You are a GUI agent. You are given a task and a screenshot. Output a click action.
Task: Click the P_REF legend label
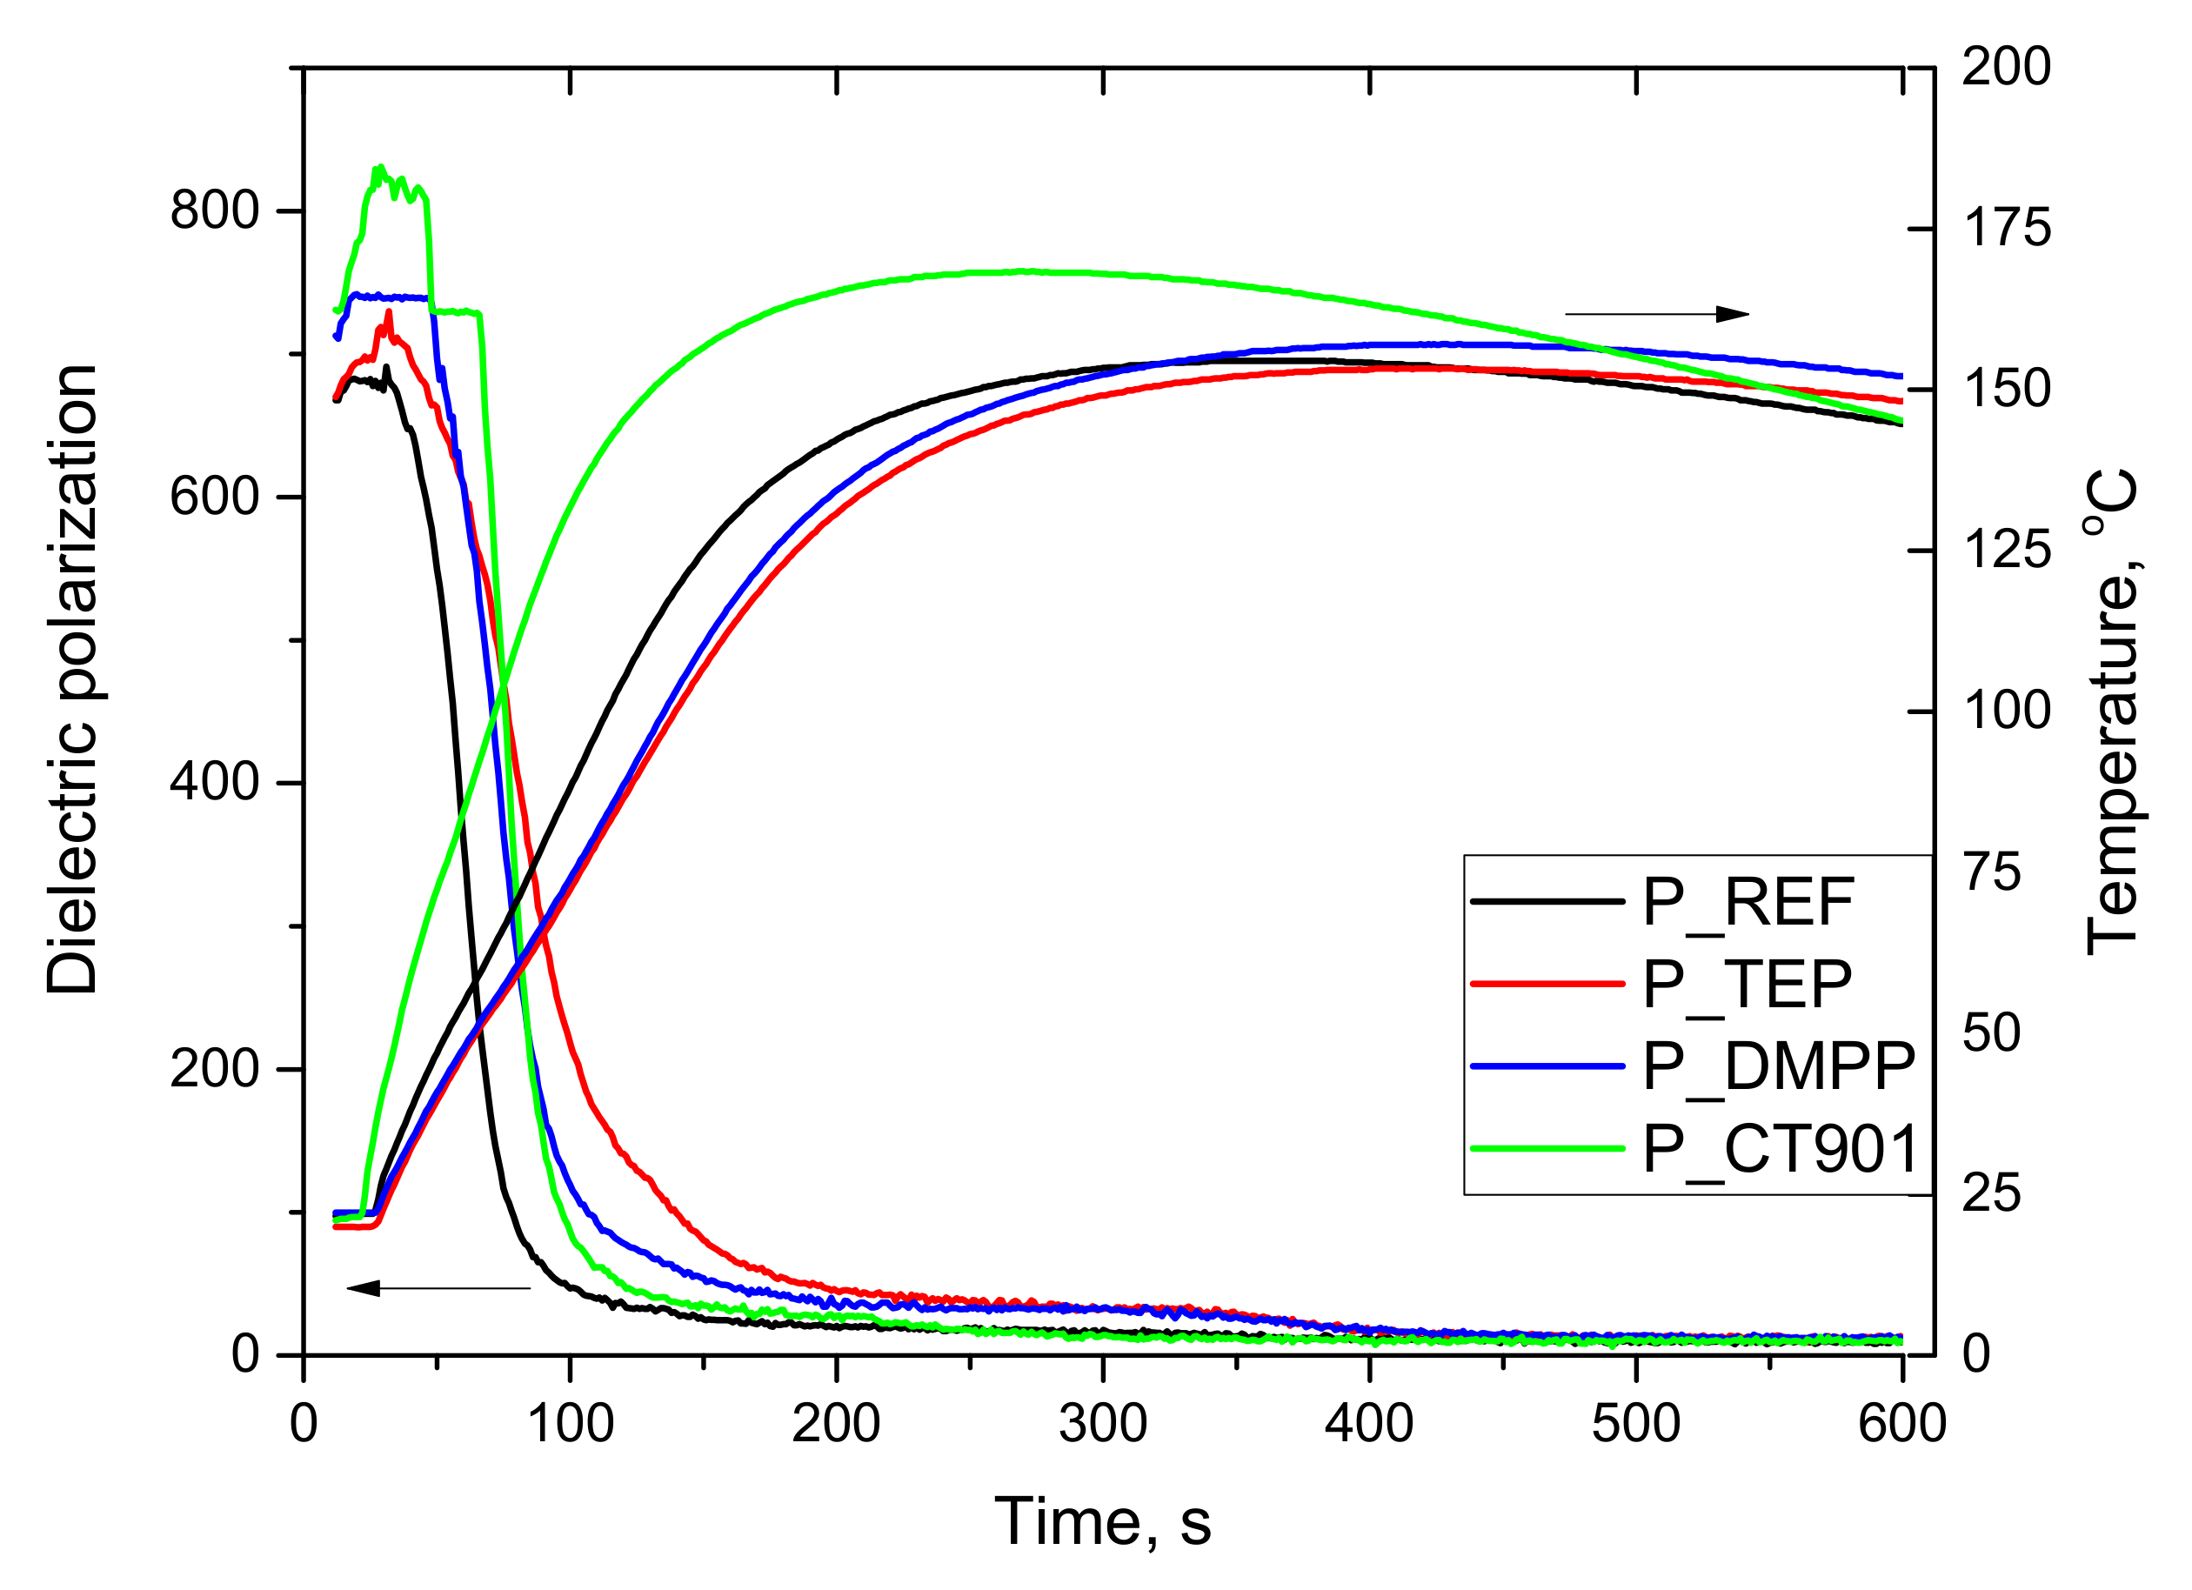1748,904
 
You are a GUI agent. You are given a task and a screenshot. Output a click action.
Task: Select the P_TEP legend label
1747,985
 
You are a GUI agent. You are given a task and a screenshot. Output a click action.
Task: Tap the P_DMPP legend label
1778,1068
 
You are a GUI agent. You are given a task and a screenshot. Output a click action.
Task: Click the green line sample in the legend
1547,1148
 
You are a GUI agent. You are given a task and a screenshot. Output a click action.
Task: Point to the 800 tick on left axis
215,210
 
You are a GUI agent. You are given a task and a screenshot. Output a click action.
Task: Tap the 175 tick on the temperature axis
2006,229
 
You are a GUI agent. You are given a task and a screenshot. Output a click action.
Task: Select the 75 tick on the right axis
1991,872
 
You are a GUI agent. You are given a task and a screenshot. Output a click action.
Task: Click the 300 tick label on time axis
1102,1424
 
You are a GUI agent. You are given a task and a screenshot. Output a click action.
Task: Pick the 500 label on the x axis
1635,1424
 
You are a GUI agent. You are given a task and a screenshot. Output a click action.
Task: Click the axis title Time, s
1102,1522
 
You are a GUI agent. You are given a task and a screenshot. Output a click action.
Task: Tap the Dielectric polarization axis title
72,679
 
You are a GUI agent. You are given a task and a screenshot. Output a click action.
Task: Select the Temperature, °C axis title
2112,712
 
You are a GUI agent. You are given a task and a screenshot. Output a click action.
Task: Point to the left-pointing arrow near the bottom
438,1288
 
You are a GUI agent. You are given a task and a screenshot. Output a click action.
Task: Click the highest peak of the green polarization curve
381,167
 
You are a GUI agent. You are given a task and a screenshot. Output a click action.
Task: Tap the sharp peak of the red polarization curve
389,311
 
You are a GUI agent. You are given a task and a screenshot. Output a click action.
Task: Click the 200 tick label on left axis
215,1068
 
